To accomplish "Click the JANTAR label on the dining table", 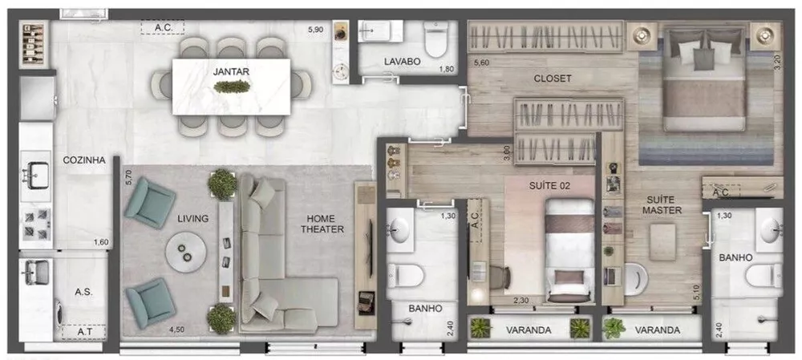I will point(231,71).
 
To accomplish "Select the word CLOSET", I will point(553,79).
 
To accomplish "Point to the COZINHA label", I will point(84,160).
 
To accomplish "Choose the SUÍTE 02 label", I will point(548,186).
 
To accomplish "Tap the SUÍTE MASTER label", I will point(662,204).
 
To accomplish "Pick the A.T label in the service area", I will point(83,330).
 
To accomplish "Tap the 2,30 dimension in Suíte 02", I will point(520,300).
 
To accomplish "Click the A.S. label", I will point(83,292).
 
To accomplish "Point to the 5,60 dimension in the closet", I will point(481,63).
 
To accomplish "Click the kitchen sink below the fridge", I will point(37,170).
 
